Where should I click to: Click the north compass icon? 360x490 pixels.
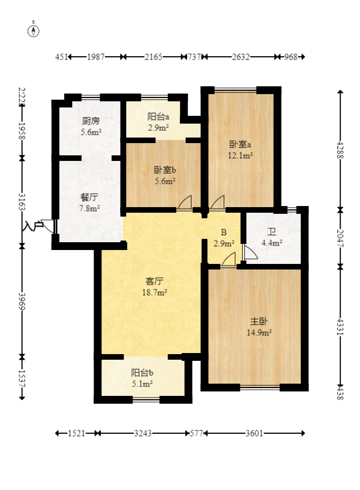tap(34, 31)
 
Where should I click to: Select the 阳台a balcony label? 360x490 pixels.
tap(158, 117)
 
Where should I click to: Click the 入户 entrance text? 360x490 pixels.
tap(33, 226)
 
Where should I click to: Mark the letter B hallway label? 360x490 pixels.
tap(224, 233)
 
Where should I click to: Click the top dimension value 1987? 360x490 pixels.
tap(96, 57)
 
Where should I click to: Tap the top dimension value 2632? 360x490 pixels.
tap(241, 57)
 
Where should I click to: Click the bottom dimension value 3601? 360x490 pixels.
tap(255, 433)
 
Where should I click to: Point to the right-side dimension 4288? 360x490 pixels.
tap(339, 150)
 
